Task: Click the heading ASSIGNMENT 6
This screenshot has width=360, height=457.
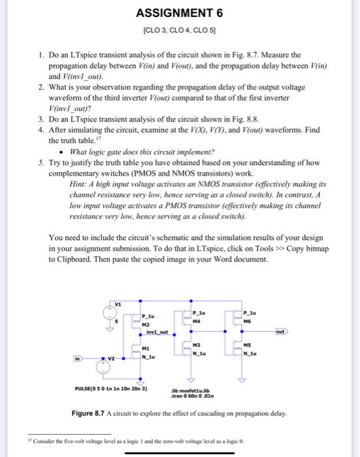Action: pyautogui.click(x=179, y=13)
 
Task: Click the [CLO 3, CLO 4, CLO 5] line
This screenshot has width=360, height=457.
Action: pyautogui.click(x=179, y=30)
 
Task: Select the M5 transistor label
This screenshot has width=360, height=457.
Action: pyautogui.click(x=246, y=345)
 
